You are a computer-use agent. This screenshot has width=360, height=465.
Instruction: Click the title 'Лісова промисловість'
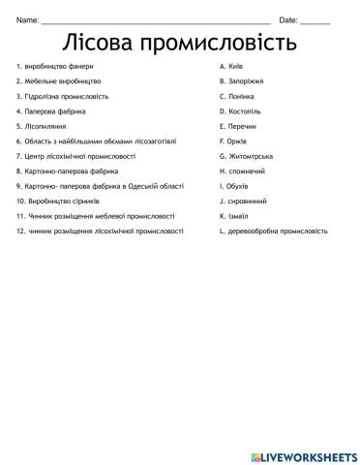pyautogui.click(x=179, y=44)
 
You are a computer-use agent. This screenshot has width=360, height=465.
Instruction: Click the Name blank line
pyautogui.click(x=155, y=20)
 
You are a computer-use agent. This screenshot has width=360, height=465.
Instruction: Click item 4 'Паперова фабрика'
pyautogui.click(x=51, y=111)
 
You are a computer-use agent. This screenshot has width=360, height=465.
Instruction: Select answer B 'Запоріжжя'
pyautogui.click(x=240, y=81)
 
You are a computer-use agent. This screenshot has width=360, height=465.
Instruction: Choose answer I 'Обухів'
pyautogui.click(x=234, y=186)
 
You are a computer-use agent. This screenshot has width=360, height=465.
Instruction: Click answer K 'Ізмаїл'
pyautogui.click(x=234, y=216)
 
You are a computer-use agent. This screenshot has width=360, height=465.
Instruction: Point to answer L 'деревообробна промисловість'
pyautogui.click(x=274, y=231)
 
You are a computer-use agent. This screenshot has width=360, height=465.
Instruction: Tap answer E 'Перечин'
pyautogui.click(x=238, y=126)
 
